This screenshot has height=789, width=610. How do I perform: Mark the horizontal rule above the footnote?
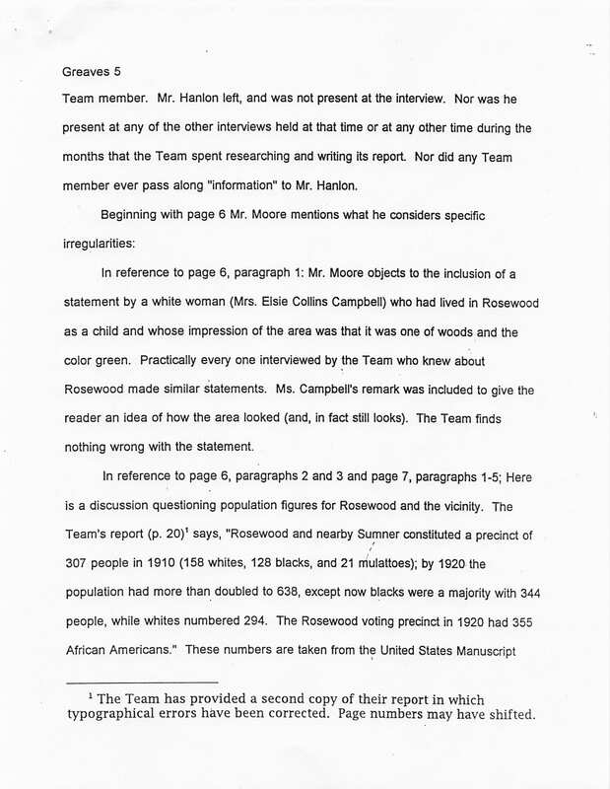coord(140,682)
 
